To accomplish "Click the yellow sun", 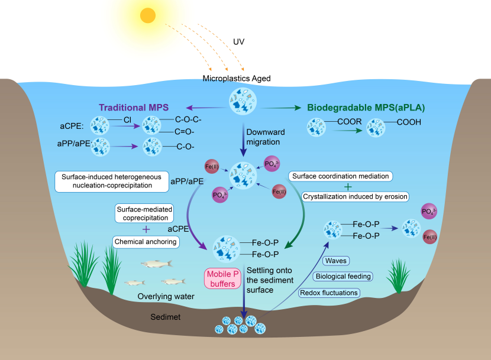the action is pyautogui.click(x=148, y=15).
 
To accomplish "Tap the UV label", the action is pyautogui.click(x=238, y=42).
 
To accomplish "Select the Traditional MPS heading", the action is pyautogui.click(x=134, y=108).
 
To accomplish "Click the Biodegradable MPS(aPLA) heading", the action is pyautogui.click(x=366, y=108).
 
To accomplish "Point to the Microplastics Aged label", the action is pyautogui.click(x=237, y=78).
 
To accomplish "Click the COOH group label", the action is pyautogui.click(x=409, y=122).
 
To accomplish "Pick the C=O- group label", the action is pyautogui.click(x=184, y=132).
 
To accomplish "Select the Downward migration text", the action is pyautogui.click(x=266, y=137).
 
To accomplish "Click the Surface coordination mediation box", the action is pyautogui.click(x=340, y=176).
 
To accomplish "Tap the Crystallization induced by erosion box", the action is pyautogui.click(x=355, y=197).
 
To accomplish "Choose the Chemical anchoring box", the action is pyautogui.click(x=146, y=242).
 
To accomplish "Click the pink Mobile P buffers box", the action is pyautogui.click(x=222, y=278).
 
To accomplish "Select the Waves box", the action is pyautogui.click(x=336, y=261).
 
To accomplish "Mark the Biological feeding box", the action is pyautogui.click(x=343, y=277).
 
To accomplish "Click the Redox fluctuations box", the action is pyautogui.click(x=329, y=293).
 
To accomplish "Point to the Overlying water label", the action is pyautogui.click(x=166, y=296).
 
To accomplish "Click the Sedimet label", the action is pyautogui.click(x=165, y=317).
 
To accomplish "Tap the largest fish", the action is pyautogui.click(x=157, y=264).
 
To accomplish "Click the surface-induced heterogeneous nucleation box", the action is pyautogui.click(x=112, y=181).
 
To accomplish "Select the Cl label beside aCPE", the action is pyautogui.click(x=127, y=120).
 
